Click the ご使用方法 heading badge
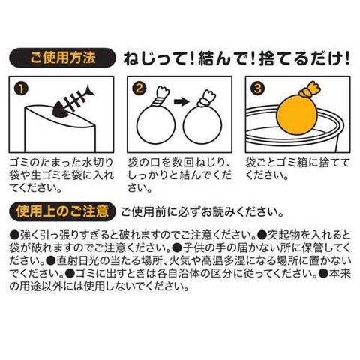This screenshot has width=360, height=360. pyautogui.click(x=62, y=58)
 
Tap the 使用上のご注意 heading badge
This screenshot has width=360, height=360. pyautogui.click(x=62, y=212)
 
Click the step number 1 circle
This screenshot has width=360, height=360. pyautogui.click(x=22, y=89)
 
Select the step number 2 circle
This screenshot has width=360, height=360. pyautogui.click(x=139, y=88)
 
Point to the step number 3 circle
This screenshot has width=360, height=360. pyautogui.click(x=258, y=88)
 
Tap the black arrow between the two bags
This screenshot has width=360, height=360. pyautogui.click(x=181, y=101)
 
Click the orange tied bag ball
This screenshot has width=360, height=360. pyautogui.click(x=294, y=115)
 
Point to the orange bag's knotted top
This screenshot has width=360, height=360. pyautogui.click(x=310, y=89)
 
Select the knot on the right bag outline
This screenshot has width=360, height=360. pyautogui.click(x=205, y=103)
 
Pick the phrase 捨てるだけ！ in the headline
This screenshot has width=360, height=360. pyautogui.click(x=304, y=59)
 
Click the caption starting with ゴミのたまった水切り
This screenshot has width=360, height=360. pyautogui.click(x=61, y=175)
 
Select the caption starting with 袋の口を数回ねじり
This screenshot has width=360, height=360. pyautogui.click(x=179, y=175)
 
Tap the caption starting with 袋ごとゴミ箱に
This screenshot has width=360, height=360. pyautogui.click(x=298, y=169)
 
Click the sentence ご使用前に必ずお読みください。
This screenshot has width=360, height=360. pyautogui.click(x=202, y=212)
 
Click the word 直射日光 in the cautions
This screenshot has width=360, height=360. pyautogui.click(x=76, y=261)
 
